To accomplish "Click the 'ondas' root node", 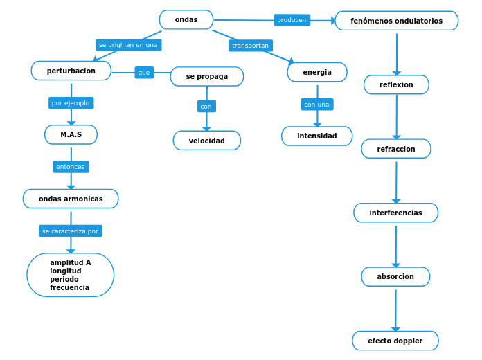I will coord(186,20).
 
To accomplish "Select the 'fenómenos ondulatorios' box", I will coord(396,21).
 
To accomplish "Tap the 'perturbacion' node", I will coord(71,71).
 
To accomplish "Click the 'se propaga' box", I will coord(206,76).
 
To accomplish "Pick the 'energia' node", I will coord(317,72).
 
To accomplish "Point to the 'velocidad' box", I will coord(206,141).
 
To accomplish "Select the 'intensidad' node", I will coord(316,136).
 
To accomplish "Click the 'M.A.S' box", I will coord(71,134).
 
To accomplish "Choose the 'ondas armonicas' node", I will coord(71,199).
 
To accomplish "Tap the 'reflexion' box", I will coord(396,84).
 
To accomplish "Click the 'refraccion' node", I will coord(396,149).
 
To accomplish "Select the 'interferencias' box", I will coord(395,213).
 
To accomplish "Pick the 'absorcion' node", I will coord(395,276).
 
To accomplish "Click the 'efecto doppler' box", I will coord(395,341).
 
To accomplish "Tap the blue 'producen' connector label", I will coord(292,20).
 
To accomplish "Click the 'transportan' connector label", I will coord(250,45).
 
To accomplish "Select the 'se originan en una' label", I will coord(128,44).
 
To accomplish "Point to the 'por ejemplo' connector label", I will coord(71,102).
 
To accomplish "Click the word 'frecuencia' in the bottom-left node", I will coord(69,287).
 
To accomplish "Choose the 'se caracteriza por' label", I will coord(70,231).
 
